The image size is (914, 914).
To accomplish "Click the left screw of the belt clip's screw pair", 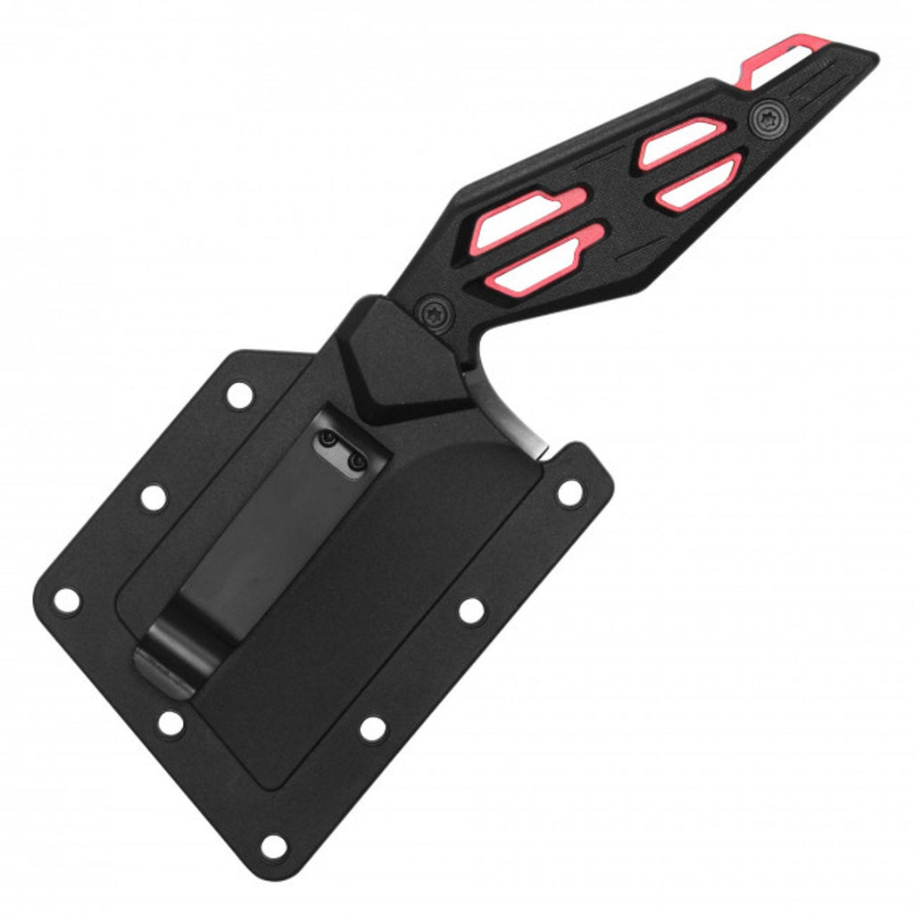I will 328,439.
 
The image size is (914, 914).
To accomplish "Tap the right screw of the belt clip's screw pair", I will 356,461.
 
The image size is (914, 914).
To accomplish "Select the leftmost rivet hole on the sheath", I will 66,600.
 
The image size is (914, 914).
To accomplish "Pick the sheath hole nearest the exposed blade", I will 569,492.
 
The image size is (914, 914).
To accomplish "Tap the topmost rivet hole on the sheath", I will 240,394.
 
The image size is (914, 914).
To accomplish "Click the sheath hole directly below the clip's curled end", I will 170,722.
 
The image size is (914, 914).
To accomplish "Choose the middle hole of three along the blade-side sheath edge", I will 471,611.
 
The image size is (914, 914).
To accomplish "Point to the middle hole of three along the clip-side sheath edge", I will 153,497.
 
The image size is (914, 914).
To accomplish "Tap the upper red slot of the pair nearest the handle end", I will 680,143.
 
